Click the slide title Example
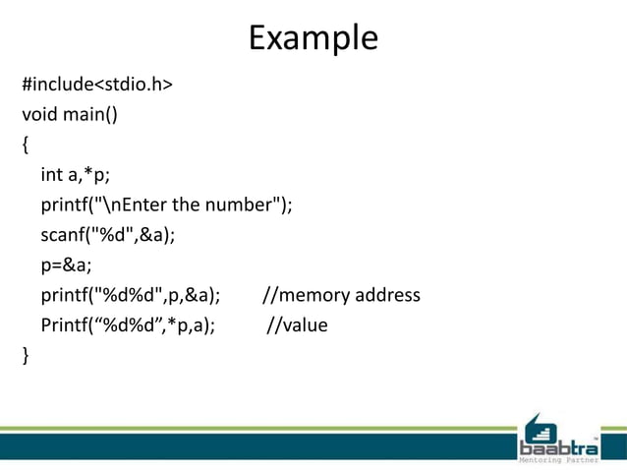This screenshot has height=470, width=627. (x=313, y=38)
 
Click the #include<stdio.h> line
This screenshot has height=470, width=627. (x=97, y=85)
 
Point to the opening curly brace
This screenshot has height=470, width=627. (x=26, y=146)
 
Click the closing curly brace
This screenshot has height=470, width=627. (x=26, y=355)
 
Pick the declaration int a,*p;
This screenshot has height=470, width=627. (x=75, y=175)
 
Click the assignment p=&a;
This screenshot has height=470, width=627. (x=66, y=265)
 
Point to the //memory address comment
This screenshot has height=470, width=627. (x=341, y=295)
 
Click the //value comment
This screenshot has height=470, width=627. (x=298, y=325)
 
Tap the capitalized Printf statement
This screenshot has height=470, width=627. (x=128, y=325)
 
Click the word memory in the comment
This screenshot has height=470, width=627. (x=313, y=295)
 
